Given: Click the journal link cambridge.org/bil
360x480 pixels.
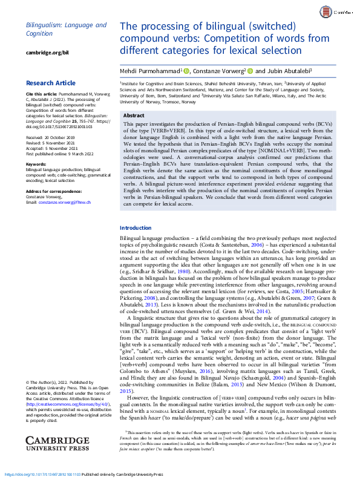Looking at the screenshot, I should coord(46,53).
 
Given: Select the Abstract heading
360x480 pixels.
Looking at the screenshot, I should coord(134,115).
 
